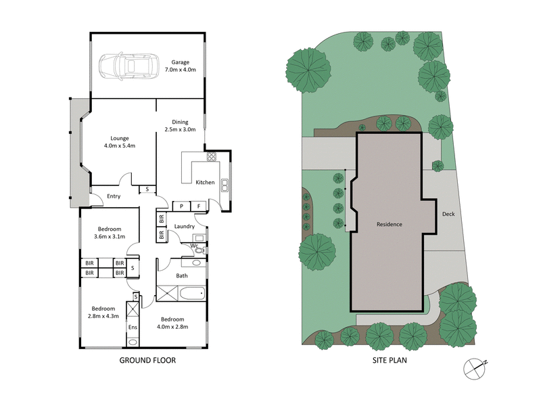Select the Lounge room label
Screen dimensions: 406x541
pos(120,141)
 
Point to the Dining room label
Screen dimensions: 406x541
pos(181,125)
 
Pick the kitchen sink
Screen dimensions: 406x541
pos(225,183)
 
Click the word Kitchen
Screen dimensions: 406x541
pos(205,183)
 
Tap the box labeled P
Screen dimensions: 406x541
pos(182,206)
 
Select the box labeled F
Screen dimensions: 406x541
pos(199,206)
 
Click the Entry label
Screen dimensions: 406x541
pos(113,197)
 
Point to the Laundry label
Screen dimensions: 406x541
pos(184,226)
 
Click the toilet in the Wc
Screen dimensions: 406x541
pos(199,250)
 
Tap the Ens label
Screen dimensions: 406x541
pos(133,328)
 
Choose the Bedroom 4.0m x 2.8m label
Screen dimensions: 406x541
pos(173,323)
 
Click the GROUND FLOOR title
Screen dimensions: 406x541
pos(147,361)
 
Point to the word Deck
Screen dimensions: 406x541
pos(448,214)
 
